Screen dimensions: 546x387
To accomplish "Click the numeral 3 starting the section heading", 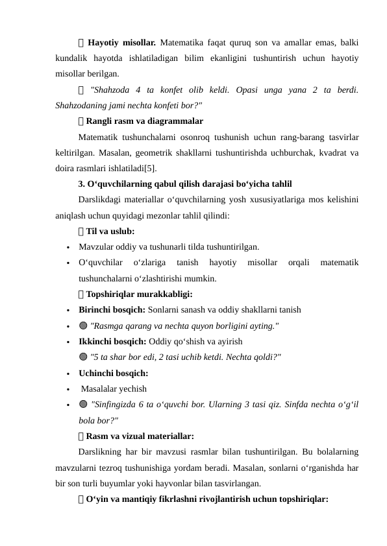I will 81,184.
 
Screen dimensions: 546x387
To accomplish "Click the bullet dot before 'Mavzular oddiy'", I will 68,247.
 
